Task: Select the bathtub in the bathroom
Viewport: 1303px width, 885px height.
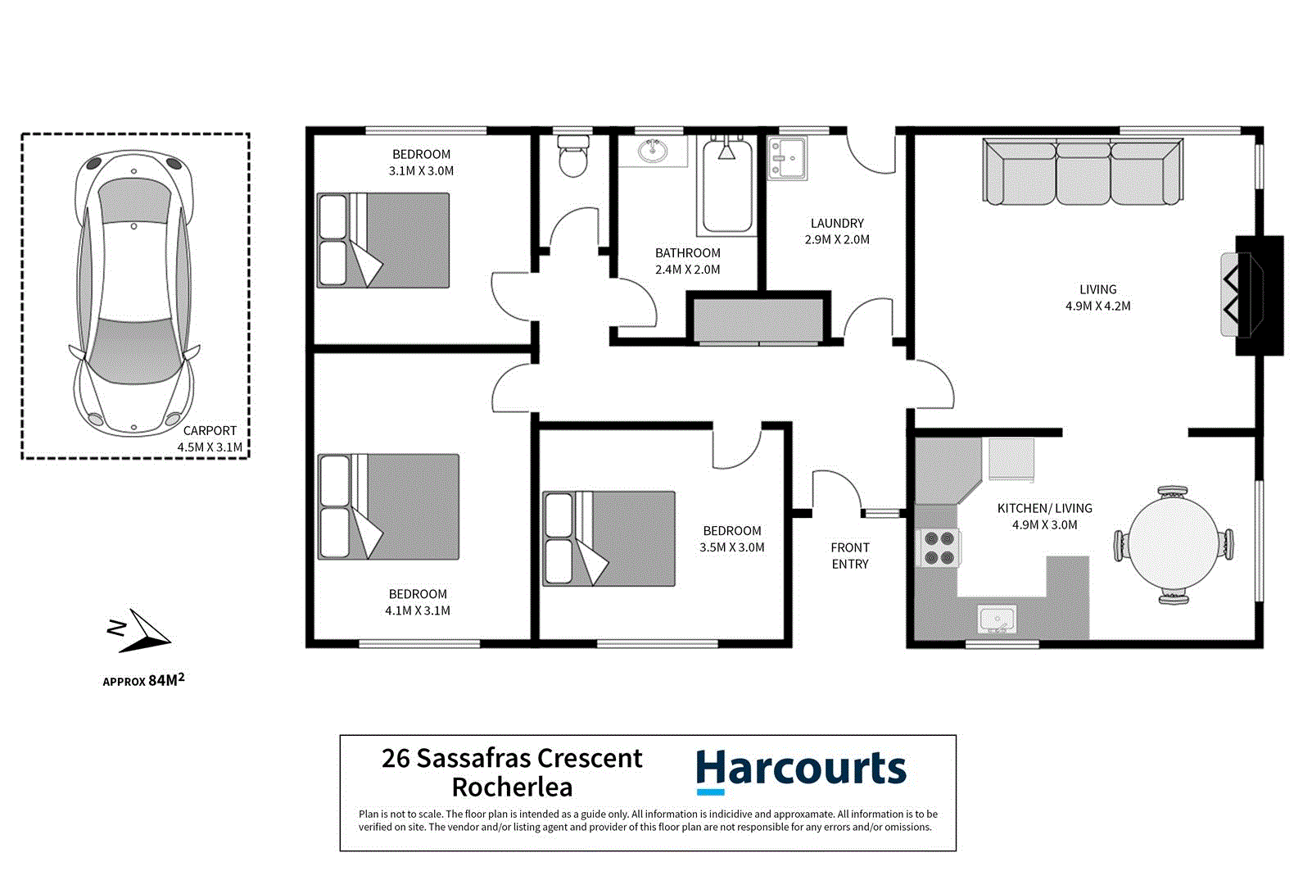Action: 726,187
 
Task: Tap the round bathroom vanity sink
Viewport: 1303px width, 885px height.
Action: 653,151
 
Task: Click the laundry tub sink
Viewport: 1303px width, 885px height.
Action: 787,158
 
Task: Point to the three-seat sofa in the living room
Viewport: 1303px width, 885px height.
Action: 1083,172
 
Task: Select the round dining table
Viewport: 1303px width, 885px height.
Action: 1173,544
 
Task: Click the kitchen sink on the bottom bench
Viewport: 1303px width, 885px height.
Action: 997,619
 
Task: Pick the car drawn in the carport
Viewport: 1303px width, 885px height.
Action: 134,293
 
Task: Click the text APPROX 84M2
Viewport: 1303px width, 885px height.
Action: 143,680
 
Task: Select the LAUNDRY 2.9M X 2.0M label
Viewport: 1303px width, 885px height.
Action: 837,231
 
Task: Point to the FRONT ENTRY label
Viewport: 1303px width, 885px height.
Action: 850,556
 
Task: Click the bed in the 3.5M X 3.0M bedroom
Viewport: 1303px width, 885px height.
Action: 609,538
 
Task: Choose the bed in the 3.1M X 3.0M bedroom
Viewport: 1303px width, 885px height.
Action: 383,240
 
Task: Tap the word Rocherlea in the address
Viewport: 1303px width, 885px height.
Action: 512,787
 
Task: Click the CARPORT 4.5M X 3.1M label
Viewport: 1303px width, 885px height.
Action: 210,438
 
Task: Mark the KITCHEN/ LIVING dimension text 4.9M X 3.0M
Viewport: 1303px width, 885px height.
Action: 1044,525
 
